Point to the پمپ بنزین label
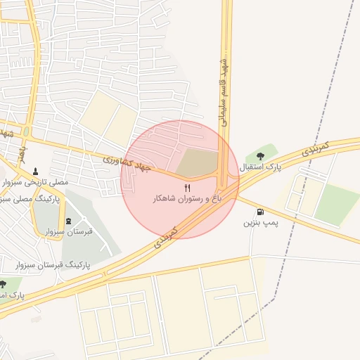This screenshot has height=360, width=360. (262, 223)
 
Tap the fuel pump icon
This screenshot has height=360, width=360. (261, 212)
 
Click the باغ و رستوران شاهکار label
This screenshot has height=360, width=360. (187, 199)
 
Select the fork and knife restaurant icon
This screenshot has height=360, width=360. (187, 188)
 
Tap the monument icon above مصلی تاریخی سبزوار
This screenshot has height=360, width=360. (36, 171)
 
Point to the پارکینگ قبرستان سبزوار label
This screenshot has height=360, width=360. (50, 265)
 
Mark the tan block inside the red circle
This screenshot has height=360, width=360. (195, 162)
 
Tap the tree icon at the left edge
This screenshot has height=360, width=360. (3, 284)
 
